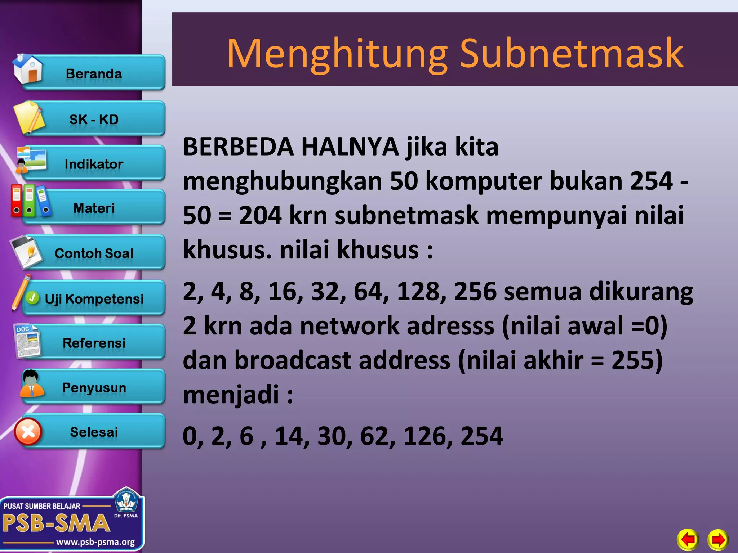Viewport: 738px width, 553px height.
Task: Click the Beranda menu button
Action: click(x=94, y=73)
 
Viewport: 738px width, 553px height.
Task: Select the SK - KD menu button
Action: click(x=94, y=119)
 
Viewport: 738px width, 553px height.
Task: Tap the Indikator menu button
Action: click(x=94, y=164)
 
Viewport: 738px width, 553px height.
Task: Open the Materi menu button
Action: click(x=94, y=208)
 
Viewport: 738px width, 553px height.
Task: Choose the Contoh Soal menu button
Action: click(x=94, y=253)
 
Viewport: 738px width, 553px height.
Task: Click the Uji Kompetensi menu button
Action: click(x=94, y=298)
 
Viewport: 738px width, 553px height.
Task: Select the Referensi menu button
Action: click(x=94, y=343)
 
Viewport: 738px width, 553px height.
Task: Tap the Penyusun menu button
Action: click(x=94, y=387)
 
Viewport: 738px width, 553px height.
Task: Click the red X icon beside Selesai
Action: click(x=28, y=432)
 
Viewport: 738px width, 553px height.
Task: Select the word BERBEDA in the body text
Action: click(x=238, y=147)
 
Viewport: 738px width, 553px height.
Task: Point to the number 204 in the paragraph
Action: click(x=260, y=215)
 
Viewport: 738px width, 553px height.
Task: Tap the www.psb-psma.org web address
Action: click(x=95, y=542)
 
